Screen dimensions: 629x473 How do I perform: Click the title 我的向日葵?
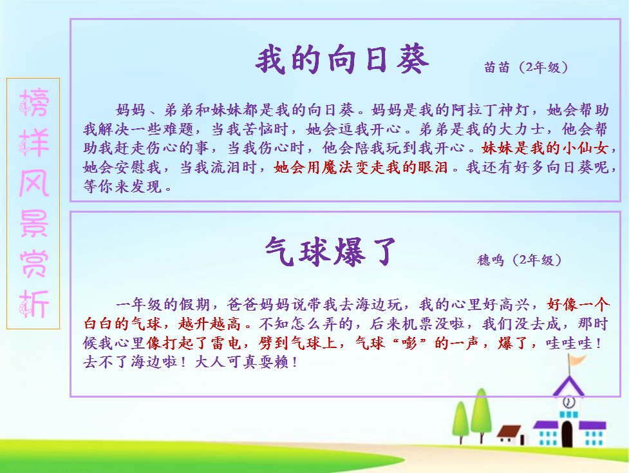point(342,60)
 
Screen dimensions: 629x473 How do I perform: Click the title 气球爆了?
point(330,252)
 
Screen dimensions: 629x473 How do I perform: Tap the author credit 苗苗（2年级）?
point(526,67)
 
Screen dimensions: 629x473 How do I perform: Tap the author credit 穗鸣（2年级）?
point(520,260)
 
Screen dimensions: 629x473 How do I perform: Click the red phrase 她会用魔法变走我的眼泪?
point(361,167)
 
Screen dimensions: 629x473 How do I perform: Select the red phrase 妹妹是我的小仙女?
point(545,148)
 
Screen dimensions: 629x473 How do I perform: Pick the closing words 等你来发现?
point(122,186)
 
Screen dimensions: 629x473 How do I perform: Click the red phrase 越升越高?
point(209,323)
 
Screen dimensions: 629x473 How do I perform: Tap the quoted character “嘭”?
point(409,343)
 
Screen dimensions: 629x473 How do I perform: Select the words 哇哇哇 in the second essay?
point(569,343)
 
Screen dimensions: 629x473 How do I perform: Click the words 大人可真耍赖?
point(243,362)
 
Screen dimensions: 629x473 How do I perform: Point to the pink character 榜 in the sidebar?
point(34,102)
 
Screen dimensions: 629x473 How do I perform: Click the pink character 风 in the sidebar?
point(34,183)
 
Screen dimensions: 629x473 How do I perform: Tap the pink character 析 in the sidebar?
point(34,304)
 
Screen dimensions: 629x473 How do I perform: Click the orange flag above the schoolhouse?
point(577,360)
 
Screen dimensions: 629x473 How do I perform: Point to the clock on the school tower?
point(569,401)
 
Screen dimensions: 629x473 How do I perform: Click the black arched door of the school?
point(567,434)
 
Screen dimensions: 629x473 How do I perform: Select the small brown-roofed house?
point(511,435)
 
